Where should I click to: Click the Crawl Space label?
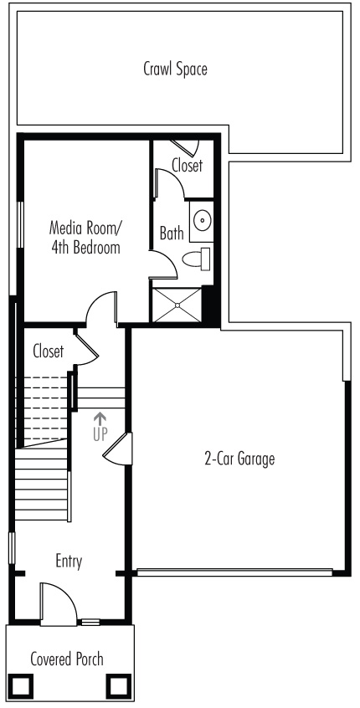coord(175,69)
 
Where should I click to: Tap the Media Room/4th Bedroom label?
coord(85,237)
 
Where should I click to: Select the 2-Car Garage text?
coord(239,459)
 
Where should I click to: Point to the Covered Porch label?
coord(67,659)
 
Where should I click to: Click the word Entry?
coord(69,562)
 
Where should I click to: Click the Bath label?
coord(172,233)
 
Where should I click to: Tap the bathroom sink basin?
coord(202,221)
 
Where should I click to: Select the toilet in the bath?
coord(197,259)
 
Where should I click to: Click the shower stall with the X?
coord(177,305)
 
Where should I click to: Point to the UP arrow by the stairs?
coord(100,418)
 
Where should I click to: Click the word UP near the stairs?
coord(100,434)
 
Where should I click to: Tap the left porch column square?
coord(22,686)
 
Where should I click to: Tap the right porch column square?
coord(119,686)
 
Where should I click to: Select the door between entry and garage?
coord(118,449)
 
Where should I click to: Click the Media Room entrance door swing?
coord(101,308)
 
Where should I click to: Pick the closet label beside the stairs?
coord(49,351)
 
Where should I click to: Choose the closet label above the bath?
coord(187,165)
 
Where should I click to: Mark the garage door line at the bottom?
coord(235,572)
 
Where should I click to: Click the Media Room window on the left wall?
coord(20,224)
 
